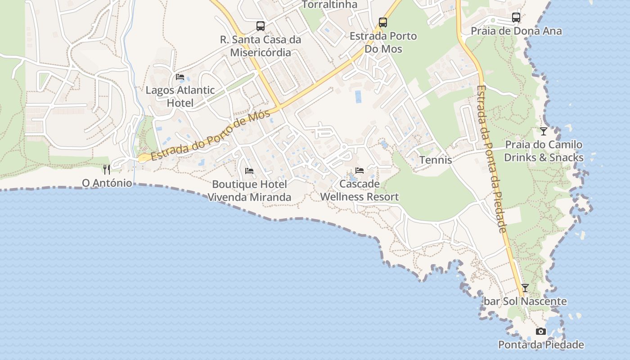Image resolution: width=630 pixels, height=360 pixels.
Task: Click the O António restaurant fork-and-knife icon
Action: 107,170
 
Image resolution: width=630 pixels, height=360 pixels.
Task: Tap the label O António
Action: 107,183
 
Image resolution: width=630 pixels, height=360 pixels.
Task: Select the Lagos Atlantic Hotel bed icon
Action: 180,77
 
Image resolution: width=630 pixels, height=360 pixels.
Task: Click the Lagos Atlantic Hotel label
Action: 180,96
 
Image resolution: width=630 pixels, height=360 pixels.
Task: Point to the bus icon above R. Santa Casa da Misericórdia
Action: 261,26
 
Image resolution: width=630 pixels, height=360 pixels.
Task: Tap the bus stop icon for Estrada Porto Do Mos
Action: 383,22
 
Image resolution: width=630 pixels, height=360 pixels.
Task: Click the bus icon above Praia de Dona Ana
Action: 516,18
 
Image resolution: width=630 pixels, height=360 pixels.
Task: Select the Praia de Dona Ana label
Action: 516,31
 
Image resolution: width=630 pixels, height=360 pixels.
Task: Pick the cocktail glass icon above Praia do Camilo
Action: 544,131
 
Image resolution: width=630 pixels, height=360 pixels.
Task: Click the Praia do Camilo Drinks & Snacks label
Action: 544,151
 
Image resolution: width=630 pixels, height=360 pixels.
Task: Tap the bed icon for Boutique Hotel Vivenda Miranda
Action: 249,171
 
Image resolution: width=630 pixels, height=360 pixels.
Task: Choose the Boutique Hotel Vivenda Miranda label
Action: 249,191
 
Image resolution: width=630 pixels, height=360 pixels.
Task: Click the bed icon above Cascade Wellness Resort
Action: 359,171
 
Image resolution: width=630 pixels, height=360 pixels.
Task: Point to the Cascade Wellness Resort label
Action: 359,190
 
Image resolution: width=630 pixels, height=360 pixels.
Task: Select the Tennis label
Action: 436,160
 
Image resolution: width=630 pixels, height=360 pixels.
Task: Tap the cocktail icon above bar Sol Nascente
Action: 525,288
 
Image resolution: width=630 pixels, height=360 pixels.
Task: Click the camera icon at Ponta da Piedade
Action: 541,332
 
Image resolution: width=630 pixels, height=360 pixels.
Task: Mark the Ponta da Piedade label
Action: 541,345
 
